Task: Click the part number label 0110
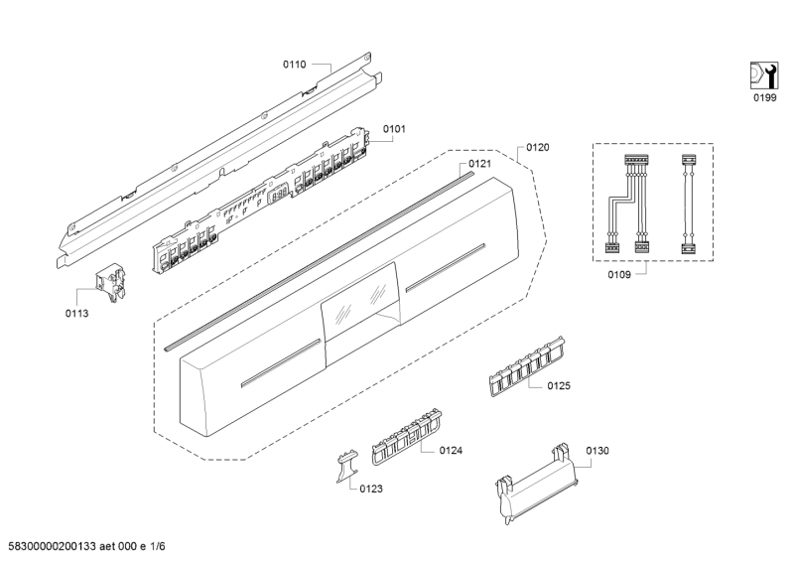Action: click(295, 64)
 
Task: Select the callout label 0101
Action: click(395, 128)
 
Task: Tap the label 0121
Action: click(480, 163)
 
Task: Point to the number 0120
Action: click(537, 147)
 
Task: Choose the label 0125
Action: click(558, 385)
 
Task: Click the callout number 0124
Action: click(451, 450)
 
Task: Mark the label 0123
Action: click(371, 489)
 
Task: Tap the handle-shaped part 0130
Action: click(536, 481)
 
